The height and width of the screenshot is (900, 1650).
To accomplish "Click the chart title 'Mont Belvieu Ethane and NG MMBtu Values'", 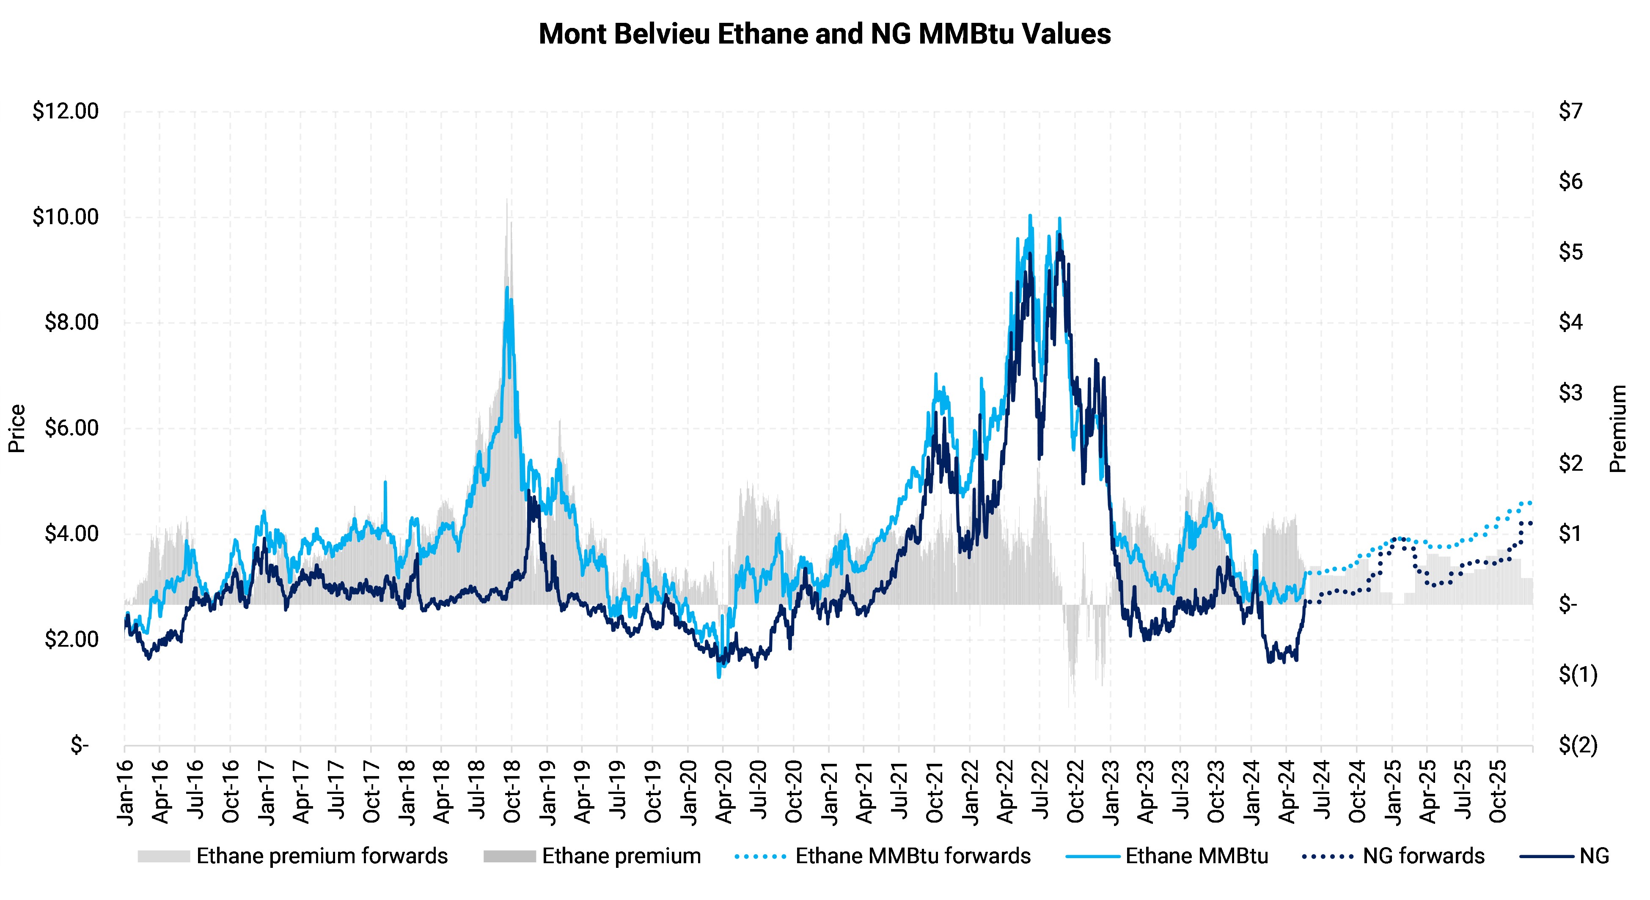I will pyautogui.click(x=824, y=34).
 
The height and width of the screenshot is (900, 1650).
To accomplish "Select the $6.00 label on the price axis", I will pyautogui.click(x=71, y=428).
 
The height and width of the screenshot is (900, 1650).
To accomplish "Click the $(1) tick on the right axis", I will pyautogui.click(x=1578, y=675).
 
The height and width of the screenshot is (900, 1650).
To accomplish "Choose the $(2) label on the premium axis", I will pyautogui.click(x=1578, y=745).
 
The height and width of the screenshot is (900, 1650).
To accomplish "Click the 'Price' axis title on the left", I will pyautogui.click(x=16, y=428).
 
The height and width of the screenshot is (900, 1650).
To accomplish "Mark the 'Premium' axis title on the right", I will pyautogui.click(x=1619, y=428).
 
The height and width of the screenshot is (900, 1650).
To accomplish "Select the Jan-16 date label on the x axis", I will pyautogui.click(x=126, y=793).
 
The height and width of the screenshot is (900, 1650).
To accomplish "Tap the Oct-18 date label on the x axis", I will pyautogui.click(x=512, y=793).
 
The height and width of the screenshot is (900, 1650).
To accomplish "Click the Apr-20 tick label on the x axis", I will pyautogui.click(x=723, y=793).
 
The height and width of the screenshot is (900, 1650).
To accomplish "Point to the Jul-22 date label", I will pyautogui.click(x=1039, y=793).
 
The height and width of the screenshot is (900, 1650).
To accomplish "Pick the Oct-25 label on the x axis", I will pyautogui.click(x=1497, y=793).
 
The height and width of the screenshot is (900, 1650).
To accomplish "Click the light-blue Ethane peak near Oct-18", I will pyautogui.click(x=507, y=288).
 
